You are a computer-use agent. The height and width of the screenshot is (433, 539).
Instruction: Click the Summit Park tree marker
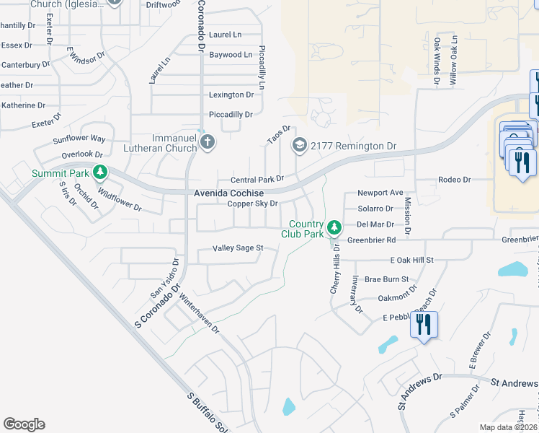tap(100, 172)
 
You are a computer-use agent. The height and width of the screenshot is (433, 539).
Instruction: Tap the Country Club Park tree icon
tap(334, 228)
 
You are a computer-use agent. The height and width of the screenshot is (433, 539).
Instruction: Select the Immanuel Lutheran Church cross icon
tap(208, 141)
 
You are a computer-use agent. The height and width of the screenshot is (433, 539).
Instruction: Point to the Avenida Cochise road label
tap(229, 193)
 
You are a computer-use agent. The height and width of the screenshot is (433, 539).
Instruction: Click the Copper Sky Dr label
tap(252, 204)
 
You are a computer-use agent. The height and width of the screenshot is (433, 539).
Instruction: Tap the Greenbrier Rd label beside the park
tap(372, 240)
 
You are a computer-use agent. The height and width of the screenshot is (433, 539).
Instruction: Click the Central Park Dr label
tap(257, 180)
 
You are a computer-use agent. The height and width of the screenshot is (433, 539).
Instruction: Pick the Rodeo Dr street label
tap(454, 180)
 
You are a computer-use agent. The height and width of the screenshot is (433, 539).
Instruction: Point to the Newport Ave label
tap(380, 193)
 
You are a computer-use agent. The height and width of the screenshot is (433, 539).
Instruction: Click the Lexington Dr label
tap(231, 95)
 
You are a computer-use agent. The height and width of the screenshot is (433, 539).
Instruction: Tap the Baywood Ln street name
tap(231, 55)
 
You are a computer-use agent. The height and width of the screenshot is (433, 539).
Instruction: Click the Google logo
tap(24, 424)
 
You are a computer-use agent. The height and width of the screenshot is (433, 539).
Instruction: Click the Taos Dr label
tap(278, 135)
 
